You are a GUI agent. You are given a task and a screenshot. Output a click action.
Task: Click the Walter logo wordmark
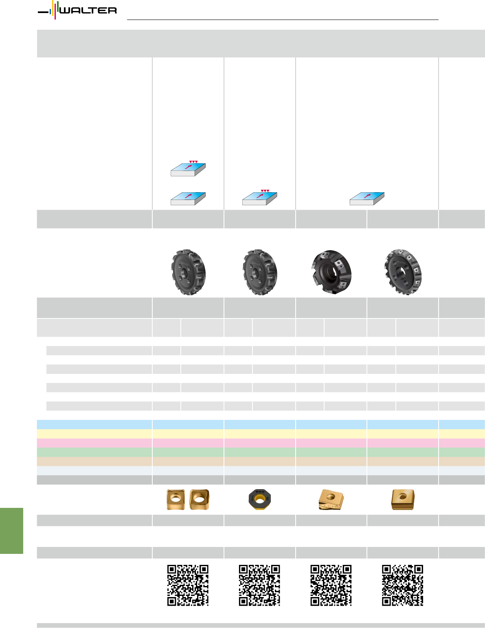coord(88,11)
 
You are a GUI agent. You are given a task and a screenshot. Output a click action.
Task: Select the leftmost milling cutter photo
coord(188,272)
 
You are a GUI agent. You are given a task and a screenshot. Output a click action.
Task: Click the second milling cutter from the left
coord(260,272)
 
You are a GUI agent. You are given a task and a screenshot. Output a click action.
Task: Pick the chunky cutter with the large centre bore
coord(331,272)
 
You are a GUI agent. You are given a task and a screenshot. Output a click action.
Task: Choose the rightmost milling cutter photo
coord(403,272)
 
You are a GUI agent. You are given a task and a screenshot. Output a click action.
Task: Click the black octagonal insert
coord(260,499)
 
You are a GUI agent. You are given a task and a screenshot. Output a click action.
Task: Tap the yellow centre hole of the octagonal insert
coord(260,500)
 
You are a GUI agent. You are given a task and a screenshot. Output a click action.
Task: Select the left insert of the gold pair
coord(176,499)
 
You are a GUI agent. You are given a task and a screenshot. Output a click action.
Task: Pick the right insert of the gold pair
coord(199,499)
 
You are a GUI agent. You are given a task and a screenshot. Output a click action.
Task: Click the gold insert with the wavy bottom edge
coord(331,500)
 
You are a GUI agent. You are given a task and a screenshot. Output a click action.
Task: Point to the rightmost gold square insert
coord(403,499)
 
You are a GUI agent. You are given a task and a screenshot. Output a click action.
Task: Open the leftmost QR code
coord(188,585)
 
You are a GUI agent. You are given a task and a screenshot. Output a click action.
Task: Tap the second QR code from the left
coord(259,585)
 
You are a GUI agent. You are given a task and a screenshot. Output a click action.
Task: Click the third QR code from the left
coord(331,585)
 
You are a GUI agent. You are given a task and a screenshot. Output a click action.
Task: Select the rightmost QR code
coord(403,585)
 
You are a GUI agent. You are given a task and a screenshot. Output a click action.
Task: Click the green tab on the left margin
coord(11,531)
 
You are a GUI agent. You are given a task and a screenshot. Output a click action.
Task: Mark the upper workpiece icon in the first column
coord(188,169)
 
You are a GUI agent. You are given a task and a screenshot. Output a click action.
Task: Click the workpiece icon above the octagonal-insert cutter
coord(260,198)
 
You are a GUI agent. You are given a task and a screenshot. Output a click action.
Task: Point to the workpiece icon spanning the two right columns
coord(367,199)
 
